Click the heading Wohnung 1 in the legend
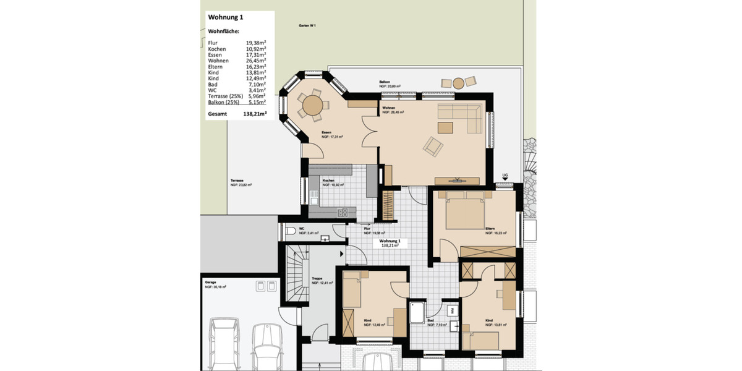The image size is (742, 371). coord(226,18)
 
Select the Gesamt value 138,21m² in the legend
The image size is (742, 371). coord(255,114)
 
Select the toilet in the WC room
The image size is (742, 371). coord(291,232)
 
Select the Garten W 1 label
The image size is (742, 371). coord(307,25)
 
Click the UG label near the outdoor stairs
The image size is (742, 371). coord(505,176)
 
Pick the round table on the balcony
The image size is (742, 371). coord(459,83)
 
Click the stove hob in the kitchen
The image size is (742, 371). coord(343,212)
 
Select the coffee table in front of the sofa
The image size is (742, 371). coord(445,127)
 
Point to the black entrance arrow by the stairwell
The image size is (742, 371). coord(341,253)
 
